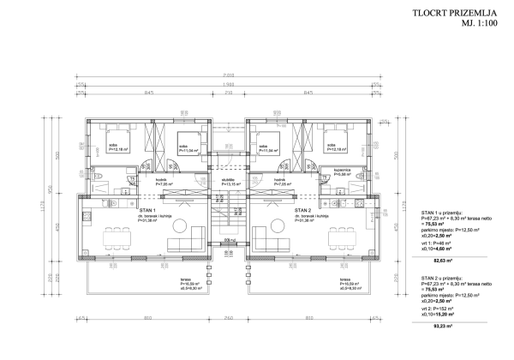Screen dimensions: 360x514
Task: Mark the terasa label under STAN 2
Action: click(344, 280)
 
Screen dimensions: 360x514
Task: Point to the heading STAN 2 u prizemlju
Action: click(443, 279)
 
